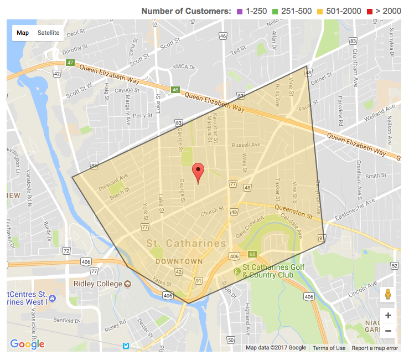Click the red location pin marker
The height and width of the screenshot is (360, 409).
(198, 173)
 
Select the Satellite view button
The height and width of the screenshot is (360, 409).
(48, 33)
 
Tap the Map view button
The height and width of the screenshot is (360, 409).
(23, 33)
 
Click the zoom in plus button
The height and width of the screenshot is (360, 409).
(388, 316)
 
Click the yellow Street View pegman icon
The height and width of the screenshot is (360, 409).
(388, 295)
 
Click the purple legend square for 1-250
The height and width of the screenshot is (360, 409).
(240, 11)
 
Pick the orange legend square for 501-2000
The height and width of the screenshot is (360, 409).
(329, 11)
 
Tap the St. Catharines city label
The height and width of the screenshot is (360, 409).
(186, 244)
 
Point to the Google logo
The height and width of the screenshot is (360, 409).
(27, 344)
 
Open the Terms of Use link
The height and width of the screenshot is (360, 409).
(329, 348)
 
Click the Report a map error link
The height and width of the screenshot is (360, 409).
(375, 348)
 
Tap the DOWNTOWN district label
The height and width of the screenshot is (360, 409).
(179, 260)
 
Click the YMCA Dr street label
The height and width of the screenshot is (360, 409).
(184, 67)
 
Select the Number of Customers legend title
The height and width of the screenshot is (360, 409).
(186, 11)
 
